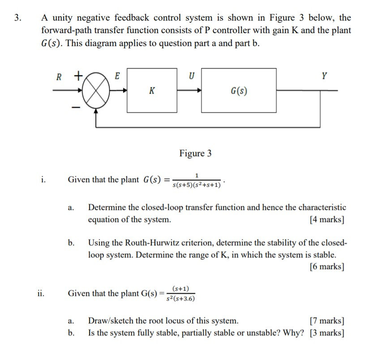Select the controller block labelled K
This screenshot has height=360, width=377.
tap(152, 91)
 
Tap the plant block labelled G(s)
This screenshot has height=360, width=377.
tap(239, 91)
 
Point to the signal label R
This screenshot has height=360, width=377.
tap(59, 77)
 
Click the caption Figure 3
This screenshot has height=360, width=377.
tap(195, 154)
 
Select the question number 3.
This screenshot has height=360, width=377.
tap(17, 18)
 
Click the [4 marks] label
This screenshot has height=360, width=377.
tap(327, 220)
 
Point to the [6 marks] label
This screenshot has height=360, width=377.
tap(327, 267)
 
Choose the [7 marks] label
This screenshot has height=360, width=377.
tap(327, 321)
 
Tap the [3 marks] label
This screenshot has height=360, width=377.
tap(327, 333)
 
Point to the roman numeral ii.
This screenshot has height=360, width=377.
tap(41, 294)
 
